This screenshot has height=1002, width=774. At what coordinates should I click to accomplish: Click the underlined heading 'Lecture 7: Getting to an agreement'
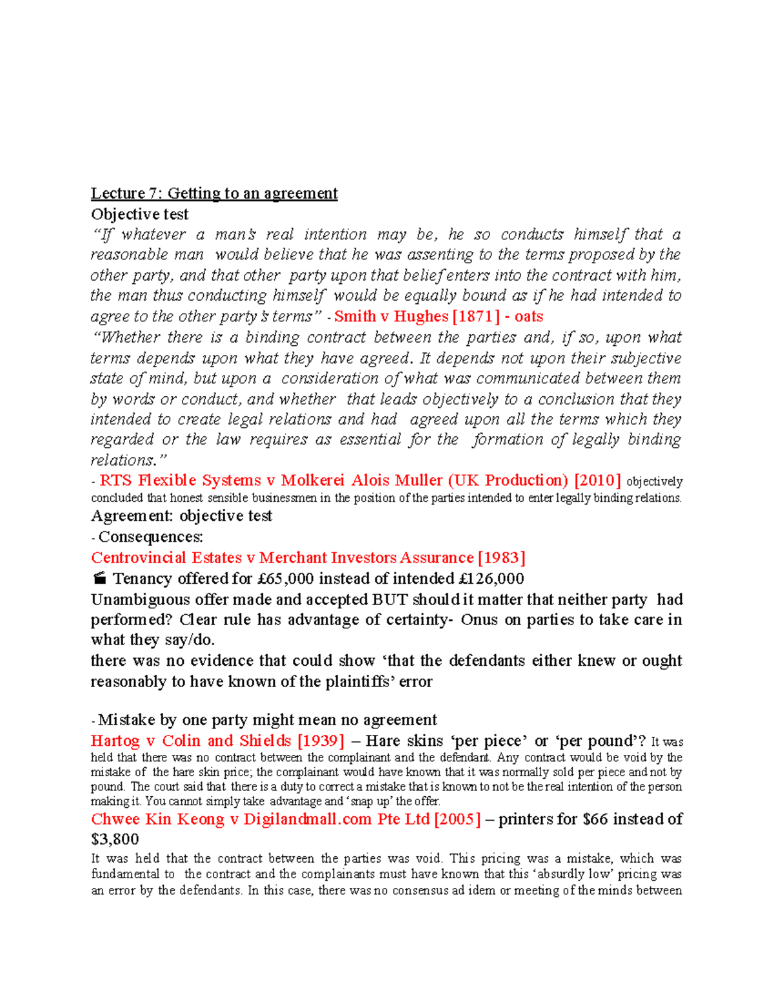click(214, 194)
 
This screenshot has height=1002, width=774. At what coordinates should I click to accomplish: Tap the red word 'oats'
click(529, 316)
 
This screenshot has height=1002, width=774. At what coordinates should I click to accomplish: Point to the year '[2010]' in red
click(597, 481)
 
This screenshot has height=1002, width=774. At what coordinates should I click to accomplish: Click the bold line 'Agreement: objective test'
click(181, 516)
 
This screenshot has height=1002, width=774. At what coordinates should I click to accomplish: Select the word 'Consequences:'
click(150, 537)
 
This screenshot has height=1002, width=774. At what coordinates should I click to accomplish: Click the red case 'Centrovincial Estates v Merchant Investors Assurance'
click(282, 557)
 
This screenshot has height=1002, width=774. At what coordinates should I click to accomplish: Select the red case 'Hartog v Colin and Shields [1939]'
click(217, 741)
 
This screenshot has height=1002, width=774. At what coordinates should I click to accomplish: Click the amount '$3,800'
click(115, 839)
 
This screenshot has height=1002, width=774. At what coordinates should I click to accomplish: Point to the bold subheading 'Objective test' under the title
click(139, 214)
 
